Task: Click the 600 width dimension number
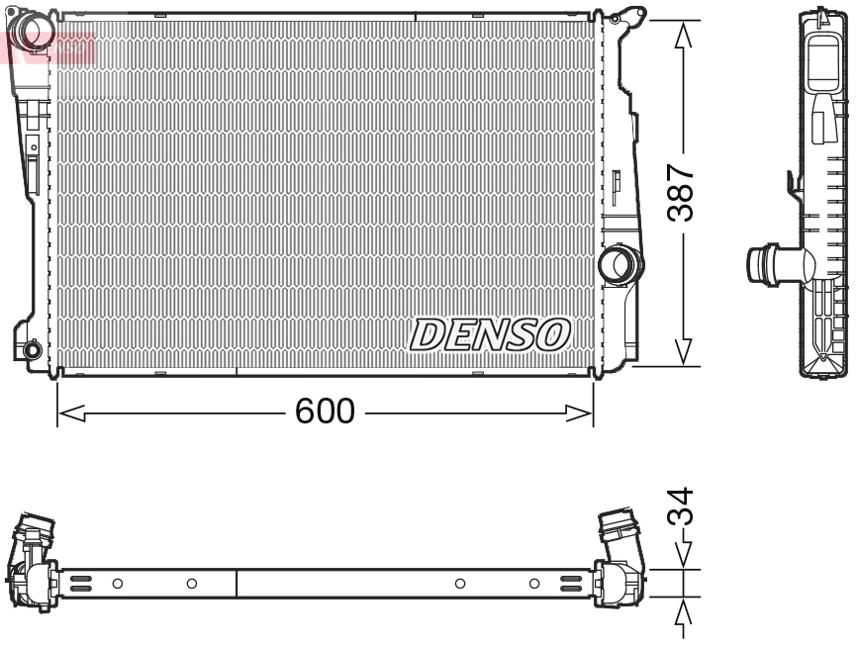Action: point(325,411)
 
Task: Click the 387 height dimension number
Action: point(681,193)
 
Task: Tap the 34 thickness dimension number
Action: point(681,508)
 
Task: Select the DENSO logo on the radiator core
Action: point(491,334)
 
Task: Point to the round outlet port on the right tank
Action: point(620,263)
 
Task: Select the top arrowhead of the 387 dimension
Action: point(682,35)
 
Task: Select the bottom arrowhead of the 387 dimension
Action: point(682,351)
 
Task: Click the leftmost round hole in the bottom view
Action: point(117,584)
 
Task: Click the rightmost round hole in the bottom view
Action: point(534,584)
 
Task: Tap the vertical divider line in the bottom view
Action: point(237,584)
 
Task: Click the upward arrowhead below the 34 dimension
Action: point(682,615)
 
